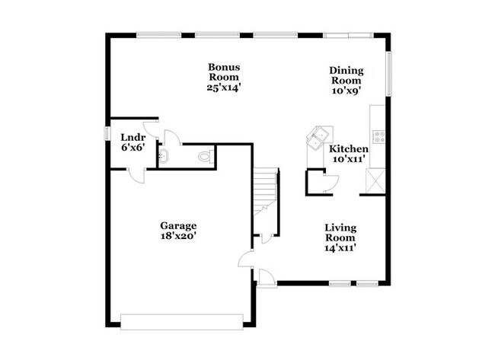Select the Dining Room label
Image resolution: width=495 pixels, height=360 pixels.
tap(346, 76)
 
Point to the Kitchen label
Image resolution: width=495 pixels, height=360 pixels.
tap(349, 149)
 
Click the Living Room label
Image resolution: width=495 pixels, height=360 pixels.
tap(340, 233)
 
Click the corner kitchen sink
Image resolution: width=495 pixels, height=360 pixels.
tap(316, 137)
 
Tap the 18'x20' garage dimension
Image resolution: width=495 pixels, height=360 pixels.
tap(178, 237)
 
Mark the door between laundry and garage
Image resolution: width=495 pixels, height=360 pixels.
tap(138, 174)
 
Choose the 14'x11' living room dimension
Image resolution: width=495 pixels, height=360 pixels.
tap(340, 247)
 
